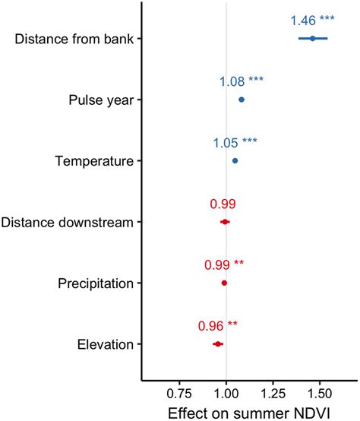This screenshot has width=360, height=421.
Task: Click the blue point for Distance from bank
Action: [x=312, y=38]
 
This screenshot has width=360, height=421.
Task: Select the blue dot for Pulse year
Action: [x=242, y=100]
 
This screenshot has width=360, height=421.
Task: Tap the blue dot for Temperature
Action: [x=235, y=160]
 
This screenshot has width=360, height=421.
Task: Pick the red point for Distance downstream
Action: [x=224, y=222]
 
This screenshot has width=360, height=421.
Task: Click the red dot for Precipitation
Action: [x=224, y=283]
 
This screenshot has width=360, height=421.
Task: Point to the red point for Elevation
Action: [x=218, y=344]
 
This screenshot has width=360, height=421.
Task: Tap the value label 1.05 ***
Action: [x=235, y=142]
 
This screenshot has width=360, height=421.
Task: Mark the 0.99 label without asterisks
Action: [x=223, y=204]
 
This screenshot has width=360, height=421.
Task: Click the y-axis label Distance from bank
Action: [x=74, y=39]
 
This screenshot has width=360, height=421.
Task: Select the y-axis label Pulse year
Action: [x=96, y=100]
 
